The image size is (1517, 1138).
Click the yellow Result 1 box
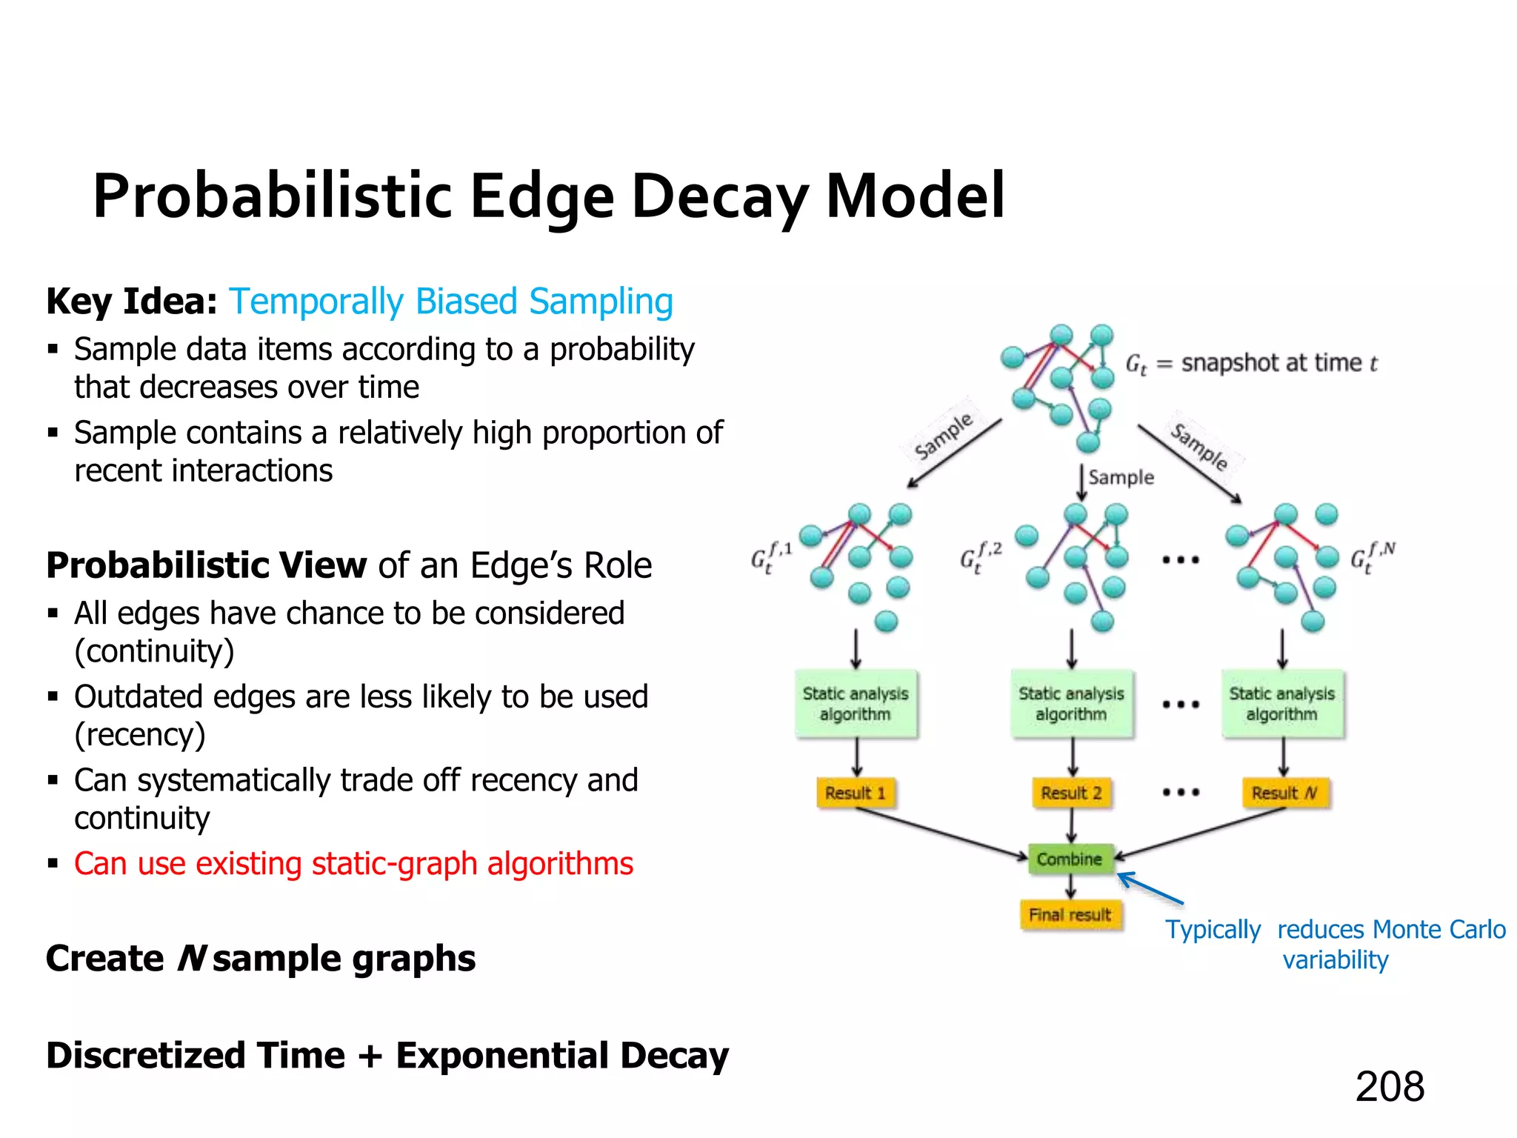click(856, 793)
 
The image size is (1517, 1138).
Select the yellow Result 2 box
click(1071, 793)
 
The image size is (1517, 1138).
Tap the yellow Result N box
click(1284, 793)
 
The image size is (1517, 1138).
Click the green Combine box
click(1070, 859)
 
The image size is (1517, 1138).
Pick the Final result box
click(1070, 915)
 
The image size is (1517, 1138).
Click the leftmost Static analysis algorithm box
click(856, 704)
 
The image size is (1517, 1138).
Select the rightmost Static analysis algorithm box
click(1282, 704)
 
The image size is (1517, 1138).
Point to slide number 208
click(1390, 1087)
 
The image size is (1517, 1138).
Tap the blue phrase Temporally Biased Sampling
click(450, 302)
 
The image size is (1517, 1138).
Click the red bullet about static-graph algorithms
click(353, 864)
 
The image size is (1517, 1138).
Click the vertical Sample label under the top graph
click(1121, 477)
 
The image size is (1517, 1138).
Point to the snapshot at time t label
click(1251, 363)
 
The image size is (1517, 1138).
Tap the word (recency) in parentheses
click(140, 735)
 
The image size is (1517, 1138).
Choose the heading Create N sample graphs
click(261, 959)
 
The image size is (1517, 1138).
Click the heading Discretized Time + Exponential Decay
click(387, 1055)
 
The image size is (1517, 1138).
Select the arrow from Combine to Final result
click(1070, 886)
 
